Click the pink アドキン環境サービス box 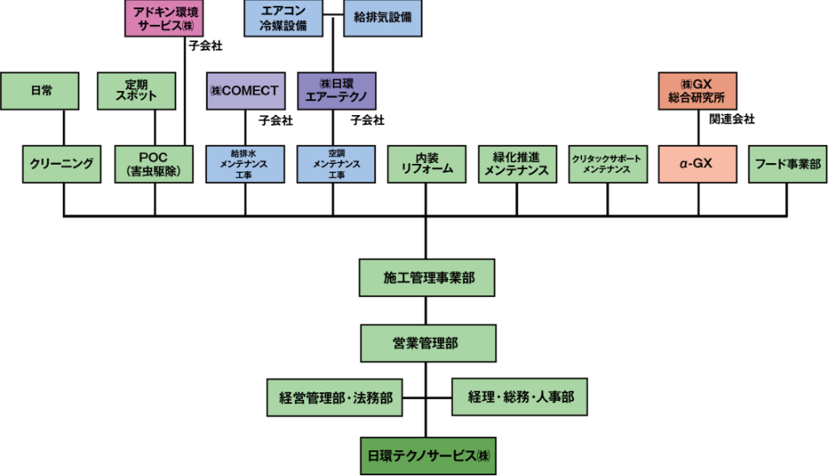[164, 18]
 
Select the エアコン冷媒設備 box [283, 18]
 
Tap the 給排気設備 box [383, 18]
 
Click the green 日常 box [40, 91]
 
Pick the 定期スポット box [137, 91]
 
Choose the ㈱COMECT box [245, 91]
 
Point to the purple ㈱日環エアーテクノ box [336, 91]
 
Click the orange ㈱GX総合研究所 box [697, 91]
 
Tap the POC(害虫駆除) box [155, 165]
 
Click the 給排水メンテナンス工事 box [245, 165]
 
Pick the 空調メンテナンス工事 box [336, 165]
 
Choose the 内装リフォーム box [427, 165]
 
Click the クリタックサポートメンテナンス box [607, 165]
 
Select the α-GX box [697, 165]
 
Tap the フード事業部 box [787, 165]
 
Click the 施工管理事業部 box [427, 278]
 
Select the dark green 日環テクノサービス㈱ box [427, 456]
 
